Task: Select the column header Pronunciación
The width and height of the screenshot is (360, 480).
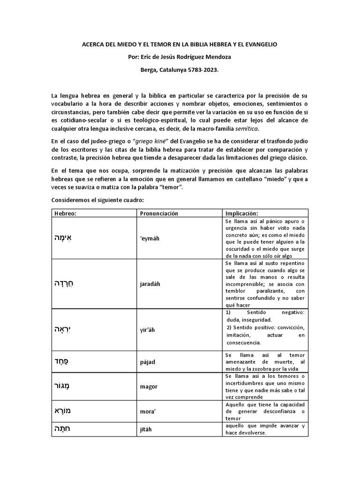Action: tap(159, 213)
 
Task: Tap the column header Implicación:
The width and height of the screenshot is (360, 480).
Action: tap(241, 213)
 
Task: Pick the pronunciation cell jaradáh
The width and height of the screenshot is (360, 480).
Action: tap(150, 284)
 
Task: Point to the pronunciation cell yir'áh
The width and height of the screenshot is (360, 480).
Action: tap(147, 330)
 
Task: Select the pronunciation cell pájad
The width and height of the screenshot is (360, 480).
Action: tap(148, 363)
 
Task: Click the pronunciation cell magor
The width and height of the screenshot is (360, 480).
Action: tap(149, 387)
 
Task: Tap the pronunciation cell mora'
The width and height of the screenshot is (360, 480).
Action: tap(148, 411)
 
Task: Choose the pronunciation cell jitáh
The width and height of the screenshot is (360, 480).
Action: tap(147, 429)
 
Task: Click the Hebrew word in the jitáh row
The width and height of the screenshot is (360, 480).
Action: tap(62, 429)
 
